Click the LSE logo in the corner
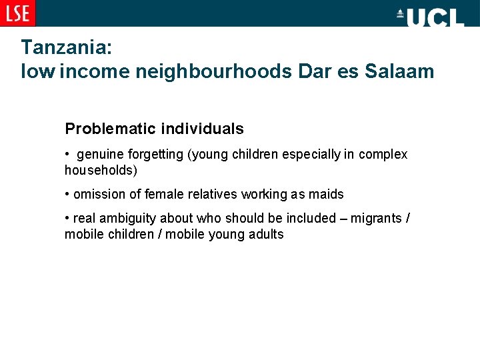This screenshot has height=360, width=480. click(17, 13)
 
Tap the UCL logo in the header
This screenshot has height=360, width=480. click(430, 16)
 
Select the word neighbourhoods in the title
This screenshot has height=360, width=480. click(213, 71)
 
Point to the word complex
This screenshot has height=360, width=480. click(383, 155)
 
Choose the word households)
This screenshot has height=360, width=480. click(101, 171)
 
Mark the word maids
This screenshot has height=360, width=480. click(326, 195)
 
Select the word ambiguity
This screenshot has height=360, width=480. click(122, 218)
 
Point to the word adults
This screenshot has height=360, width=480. click(265, 235)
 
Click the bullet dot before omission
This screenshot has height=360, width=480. click(67, 195)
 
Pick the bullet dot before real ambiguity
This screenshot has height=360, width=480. click(67, 218)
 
